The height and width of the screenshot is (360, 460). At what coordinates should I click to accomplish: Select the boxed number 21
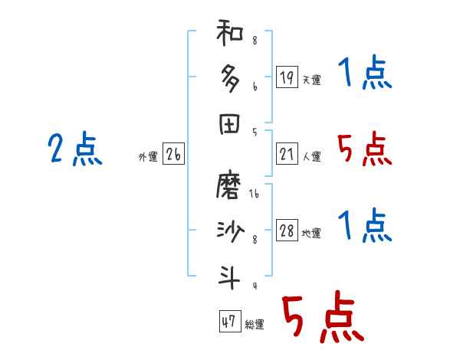click(x=287, y=153)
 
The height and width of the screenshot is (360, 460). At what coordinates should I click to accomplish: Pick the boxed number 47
click(x=228, y=322)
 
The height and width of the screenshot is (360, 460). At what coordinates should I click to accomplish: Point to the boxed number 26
click(x=173, y=154)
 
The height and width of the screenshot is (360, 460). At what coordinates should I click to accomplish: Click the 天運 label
click(x=311, y=80)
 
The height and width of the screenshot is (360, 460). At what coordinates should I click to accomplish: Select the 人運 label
click(x=311, y=156)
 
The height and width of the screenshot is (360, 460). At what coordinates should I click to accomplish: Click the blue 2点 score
click(x=74, y=149)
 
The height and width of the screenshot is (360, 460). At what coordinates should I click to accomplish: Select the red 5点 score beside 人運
click(x=365, y=149)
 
